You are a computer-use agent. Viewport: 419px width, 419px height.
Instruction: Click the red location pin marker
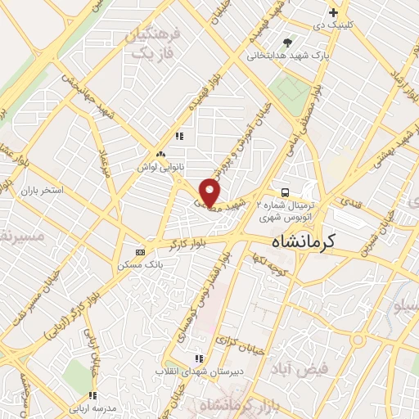209,191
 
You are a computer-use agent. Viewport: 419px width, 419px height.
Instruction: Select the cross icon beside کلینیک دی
333,12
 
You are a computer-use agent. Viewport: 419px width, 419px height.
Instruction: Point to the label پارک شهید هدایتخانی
288,56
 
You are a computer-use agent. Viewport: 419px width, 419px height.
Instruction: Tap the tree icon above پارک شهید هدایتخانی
286,43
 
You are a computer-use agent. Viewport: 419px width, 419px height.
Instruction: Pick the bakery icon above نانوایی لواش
160,154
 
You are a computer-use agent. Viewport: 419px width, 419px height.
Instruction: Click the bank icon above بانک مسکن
140,252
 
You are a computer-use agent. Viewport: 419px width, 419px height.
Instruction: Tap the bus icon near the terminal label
284,185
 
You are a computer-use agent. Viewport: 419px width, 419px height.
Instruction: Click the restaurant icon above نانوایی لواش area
179,136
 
